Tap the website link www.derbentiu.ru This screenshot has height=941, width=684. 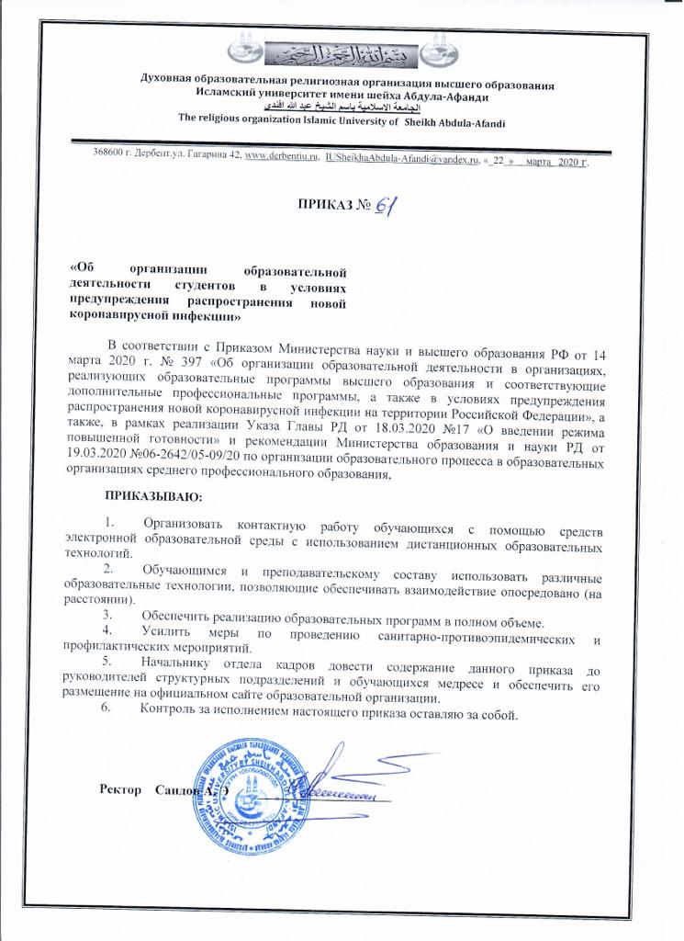[282, 160]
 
